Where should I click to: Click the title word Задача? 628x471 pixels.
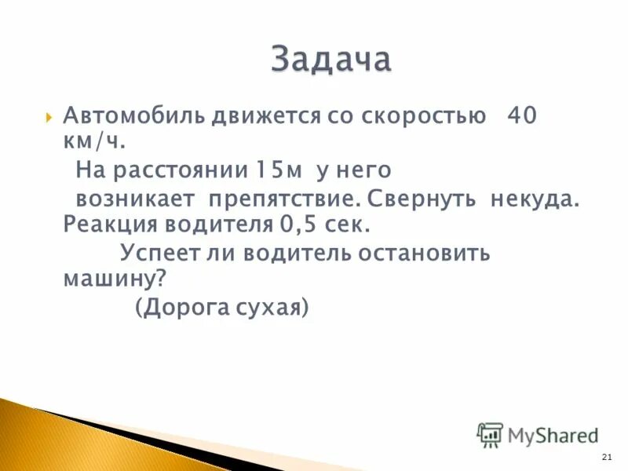click(x=330, y=60)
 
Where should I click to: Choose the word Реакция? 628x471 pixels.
click(x=110, y=225)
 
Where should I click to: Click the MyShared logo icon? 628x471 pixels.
click(x=490, y=434)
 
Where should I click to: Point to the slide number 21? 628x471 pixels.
click(x=605, y=458)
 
